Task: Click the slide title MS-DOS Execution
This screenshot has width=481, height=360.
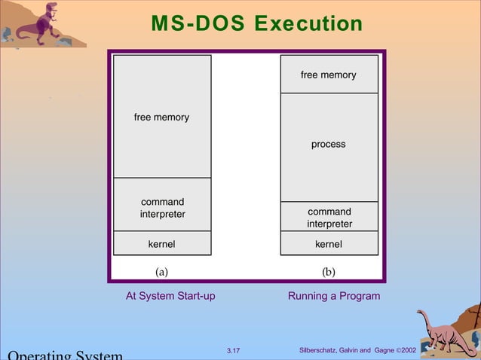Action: click(x=257, y=24)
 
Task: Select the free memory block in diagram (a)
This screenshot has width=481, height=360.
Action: click(x=162, y=117)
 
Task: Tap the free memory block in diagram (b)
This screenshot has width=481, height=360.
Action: click(x=329, y=75)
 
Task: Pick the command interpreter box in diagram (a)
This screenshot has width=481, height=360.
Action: click(x=162, y=208)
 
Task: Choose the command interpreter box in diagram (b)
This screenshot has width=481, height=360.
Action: click(x=329, y=217)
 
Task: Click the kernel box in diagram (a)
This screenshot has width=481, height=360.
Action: click(x=162, y=244)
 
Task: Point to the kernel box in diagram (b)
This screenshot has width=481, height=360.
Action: click(x=329, y=244)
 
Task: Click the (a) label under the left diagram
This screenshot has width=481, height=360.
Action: click(x=162, y=271)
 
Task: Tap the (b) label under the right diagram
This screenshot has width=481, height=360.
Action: click(x=329, y=271)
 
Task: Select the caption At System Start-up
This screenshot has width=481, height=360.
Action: click(x=170, y=296)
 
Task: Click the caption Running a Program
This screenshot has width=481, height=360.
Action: click(x=334, y=296)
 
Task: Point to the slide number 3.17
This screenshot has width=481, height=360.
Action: click(x=233, y=351)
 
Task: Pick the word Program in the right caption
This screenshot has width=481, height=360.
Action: click(x=360, y=296)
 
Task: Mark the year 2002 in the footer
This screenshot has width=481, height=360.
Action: click(x=408, y=351)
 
